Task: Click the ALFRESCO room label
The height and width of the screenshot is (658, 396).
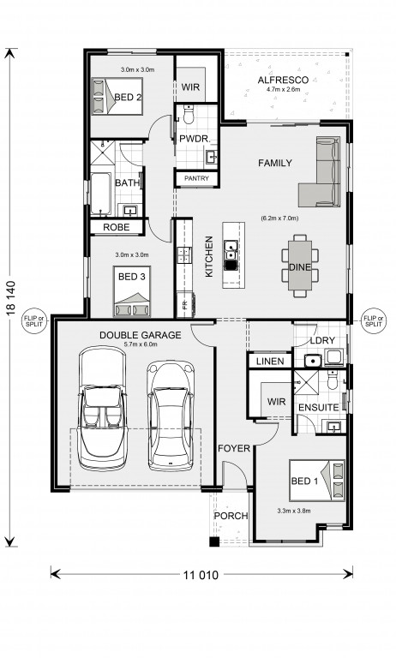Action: coord(283,80)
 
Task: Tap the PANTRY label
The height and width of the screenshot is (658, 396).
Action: coord(196,178)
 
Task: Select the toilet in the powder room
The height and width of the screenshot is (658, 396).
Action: coord(189,115)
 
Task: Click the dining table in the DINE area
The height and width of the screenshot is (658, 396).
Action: coord(300,266)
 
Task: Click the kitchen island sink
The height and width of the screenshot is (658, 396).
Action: coord(231,255)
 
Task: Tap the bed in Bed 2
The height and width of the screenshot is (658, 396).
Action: coord(117,96)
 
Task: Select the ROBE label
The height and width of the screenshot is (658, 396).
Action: coord(117,227)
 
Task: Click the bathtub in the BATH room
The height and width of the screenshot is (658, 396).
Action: coord(101,194)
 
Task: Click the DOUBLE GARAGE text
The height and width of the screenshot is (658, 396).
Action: coord(141,335)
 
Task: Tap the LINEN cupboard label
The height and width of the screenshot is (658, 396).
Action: coord(270,362)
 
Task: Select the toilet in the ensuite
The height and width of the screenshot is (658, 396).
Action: coord(333,380)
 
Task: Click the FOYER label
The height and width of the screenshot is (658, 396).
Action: coord(234,449)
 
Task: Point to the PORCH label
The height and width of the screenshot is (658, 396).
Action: coord(231,516)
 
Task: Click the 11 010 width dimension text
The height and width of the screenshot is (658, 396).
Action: coord(201,575)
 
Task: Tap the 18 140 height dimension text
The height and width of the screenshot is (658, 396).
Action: coord(11,297)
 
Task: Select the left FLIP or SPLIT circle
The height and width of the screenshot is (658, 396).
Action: coord(35,321)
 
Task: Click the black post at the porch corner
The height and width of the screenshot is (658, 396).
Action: coord(214,541)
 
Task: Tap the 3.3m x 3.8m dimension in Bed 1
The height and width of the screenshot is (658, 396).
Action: coord(294,511)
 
